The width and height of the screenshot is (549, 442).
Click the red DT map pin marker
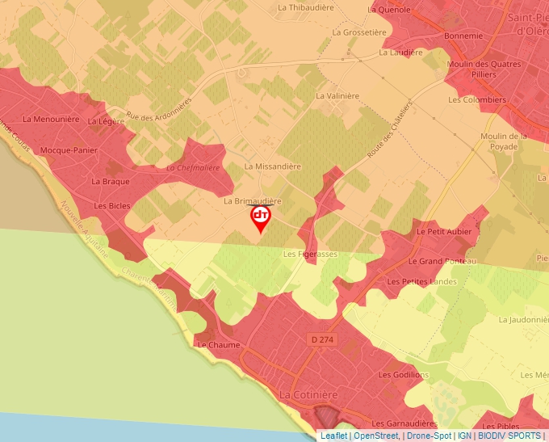(261, 217)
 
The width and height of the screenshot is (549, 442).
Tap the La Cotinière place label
(307, 394)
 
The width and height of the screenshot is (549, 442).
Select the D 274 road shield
(322, 341)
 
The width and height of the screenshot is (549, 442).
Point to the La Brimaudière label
(252, 200)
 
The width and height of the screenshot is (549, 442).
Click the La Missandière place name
(272, 166)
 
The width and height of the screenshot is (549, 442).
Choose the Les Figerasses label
(310, 254)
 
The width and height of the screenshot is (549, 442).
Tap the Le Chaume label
(219, 345)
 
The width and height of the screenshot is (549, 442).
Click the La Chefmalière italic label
(193, 168)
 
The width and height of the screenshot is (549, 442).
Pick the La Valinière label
(337, 95)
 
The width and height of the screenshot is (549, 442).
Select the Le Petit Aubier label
(444, 231)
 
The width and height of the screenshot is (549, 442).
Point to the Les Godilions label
(404, 375)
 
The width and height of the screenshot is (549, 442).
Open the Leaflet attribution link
(333, 436)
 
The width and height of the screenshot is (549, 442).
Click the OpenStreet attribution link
(376, 436)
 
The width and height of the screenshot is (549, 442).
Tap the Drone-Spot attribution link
(428, 436)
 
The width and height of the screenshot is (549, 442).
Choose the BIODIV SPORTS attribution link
(509, 436)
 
